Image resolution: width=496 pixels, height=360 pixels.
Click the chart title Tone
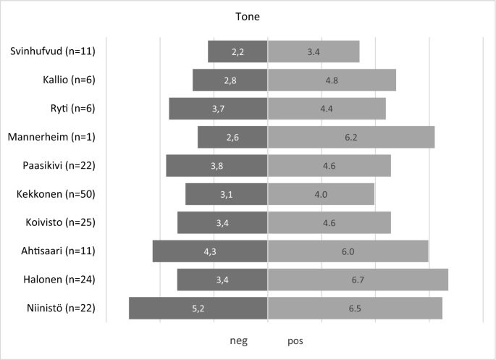pos(248,15)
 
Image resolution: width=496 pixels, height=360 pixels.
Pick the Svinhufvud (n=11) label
pos(53,51)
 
